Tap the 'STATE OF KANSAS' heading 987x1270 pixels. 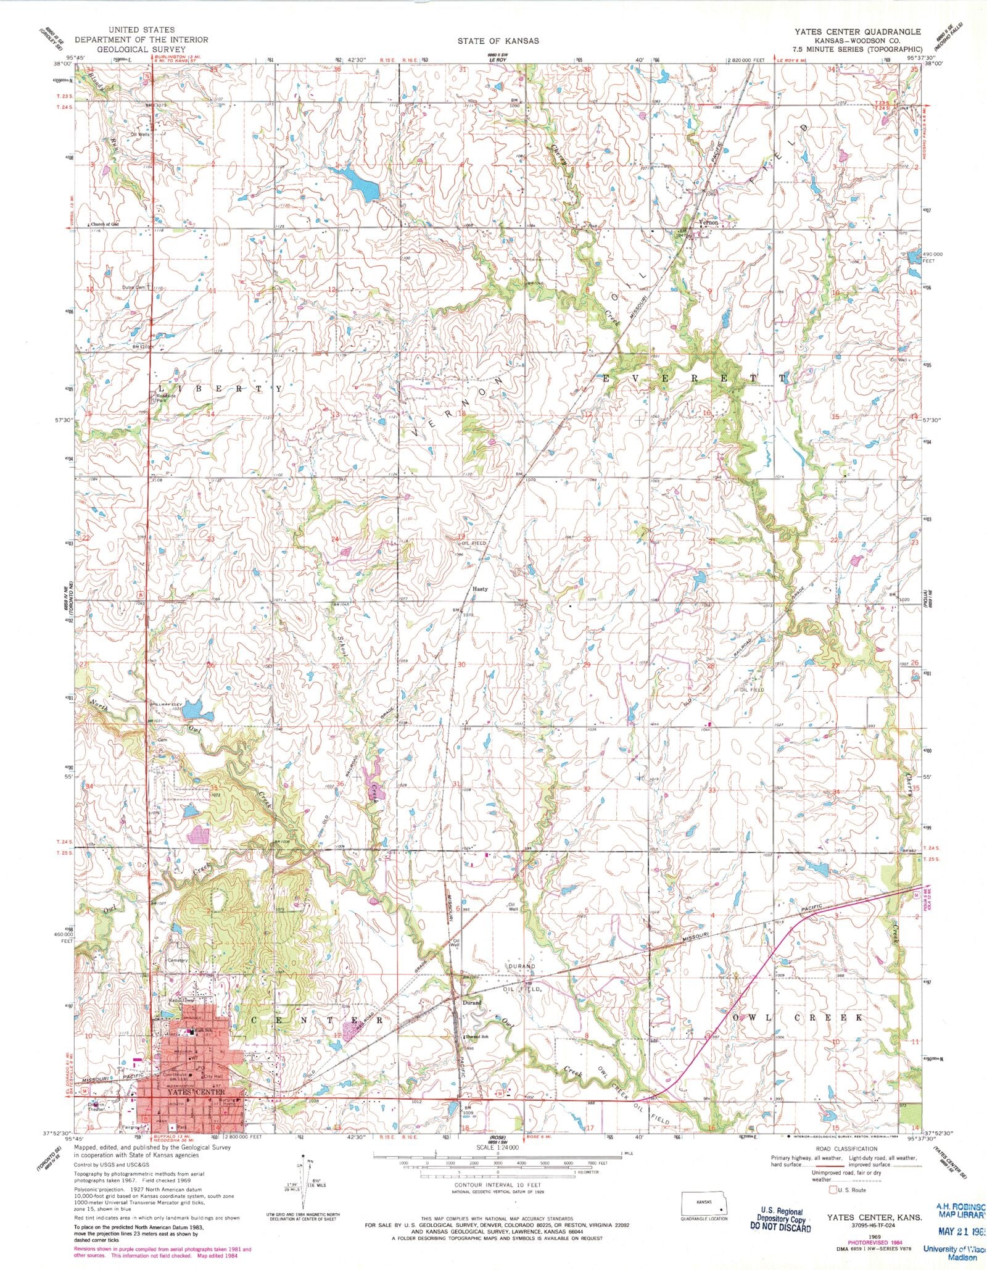(x=498, y=41)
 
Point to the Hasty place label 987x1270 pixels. (x=480, y=589)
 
